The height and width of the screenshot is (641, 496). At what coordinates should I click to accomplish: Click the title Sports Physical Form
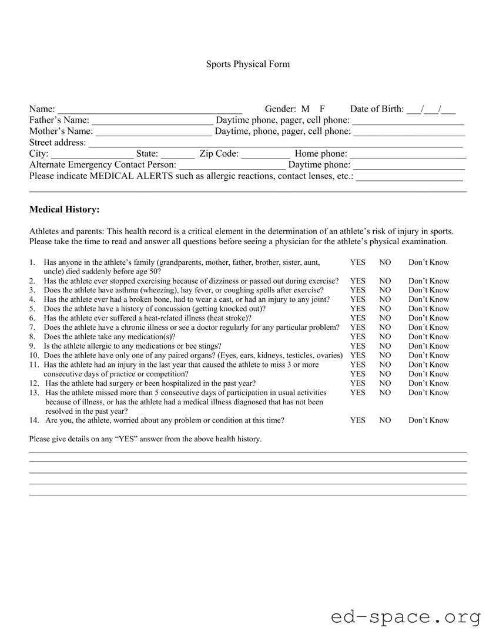pyautogui.click(x=247, y=64)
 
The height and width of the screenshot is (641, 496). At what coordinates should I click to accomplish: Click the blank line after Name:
pyautogui.click(x=149, y=110)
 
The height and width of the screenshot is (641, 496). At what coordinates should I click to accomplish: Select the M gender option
pyautogui.click(x=305, y=109)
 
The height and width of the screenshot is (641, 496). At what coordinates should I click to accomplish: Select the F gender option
pyautogui.click(x=323, y=109)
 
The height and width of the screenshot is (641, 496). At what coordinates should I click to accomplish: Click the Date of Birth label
pyautogui.click(x=377, y=109)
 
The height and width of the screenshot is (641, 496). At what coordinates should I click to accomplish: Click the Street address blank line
pyautogui.click(x=275, y=143)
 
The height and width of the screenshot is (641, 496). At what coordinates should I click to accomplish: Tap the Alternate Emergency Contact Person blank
pyautogui.click(x=232, y=166)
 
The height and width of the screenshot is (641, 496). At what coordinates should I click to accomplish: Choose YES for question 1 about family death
pyautogui.click(x=357, y=262)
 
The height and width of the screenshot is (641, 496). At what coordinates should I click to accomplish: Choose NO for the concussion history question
pyautogui.click(x=385, y=309)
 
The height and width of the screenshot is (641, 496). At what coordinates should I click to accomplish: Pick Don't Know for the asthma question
pyautogui.click(x=428, y=290)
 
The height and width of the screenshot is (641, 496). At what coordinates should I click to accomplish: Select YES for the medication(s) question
pyautogui.click(x=357, y=337)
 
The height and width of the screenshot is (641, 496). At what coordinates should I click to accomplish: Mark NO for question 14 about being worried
pyautogui.click(x=385, y=420)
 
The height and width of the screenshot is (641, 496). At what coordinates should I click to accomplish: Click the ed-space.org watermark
pyautogui.click(x=405, y=618)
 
